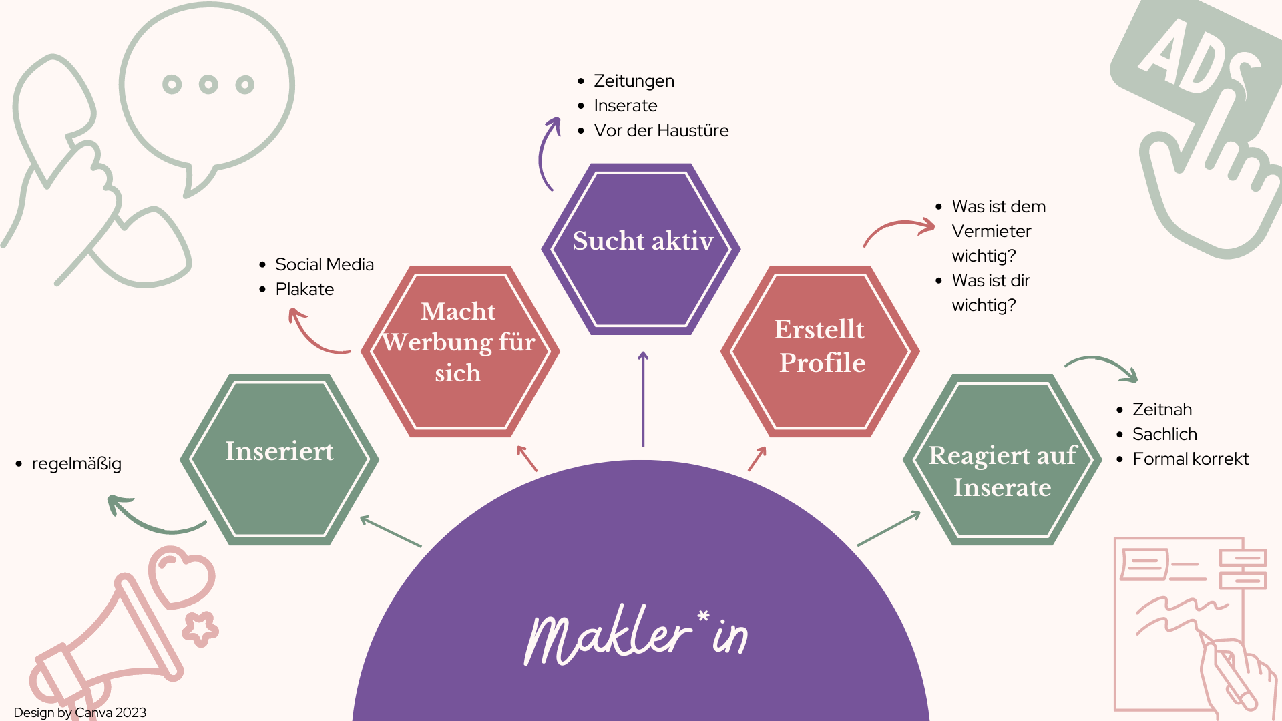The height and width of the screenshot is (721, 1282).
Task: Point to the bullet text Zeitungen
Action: (634, 81)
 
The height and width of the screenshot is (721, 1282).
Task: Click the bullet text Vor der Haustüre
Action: (661, 130)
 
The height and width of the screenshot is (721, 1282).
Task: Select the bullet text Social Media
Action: (325, 264)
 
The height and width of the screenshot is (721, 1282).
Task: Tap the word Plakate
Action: (304, 289)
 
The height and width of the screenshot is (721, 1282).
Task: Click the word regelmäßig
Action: (76, 463)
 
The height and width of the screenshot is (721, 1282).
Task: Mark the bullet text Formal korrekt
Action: (1191, 459)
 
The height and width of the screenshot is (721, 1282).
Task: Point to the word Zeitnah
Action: (1162, 409)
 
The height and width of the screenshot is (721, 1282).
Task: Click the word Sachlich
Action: (1164, 434)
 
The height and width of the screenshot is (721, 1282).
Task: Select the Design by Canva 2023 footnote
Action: (79, 712)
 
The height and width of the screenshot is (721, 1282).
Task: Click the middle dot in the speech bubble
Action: (208, 85)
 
